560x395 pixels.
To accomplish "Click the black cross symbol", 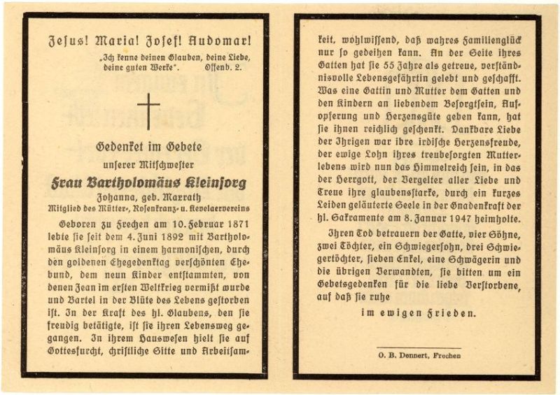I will (x=148, y=111).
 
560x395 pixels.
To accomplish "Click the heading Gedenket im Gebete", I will (x=148, y=147).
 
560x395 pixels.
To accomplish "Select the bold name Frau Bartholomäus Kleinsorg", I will (x=148, y=184).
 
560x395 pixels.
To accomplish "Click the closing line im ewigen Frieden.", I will (x=418, y=313).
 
